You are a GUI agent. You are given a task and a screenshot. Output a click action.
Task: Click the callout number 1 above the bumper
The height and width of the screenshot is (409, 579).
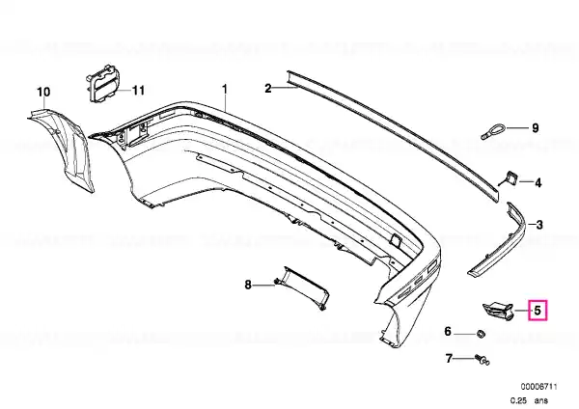tap(224, 90)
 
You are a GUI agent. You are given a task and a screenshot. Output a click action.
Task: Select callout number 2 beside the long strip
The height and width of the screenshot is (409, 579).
tap(268, 88)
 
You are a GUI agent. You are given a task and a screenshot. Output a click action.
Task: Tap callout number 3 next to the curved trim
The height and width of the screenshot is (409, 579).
tap(539, 225)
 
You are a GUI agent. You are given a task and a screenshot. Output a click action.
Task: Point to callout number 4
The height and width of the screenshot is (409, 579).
tap(538, 182)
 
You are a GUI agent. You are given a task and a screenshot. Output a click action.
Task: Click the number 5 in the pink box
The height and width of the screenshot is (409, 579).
tap(538, 310)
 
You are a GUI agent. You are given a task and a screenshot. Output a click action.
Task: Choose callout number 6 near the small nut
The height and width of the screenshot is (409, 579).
tap(448, 331)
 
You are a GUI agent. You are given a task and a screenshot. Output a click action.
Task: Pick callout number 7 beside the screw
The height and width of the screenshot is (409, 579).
tap(449, 358)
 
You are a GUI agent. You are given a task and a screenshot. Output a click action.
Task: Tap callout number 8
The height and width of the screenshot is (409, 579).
tap(248, 285)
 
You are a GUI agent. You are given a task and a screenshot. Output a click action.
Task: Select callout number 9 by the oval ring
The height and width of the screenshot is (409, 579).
tap(535, 128)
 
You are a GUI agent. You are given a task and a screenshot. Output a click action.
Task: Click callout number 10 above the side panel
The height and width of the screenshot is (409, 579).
tap(43, 92)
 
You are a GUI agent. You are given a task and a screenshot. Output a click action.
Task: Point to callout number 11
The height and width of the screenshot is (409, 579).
tap(138, 90)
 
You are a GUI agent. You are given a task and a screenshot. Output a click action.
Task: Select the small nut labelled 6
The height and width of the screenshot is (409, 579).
tap(482, 334)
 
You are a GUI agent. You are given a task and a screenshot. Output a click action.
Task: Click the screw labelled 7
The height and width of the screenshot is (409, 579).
tap(482, 360)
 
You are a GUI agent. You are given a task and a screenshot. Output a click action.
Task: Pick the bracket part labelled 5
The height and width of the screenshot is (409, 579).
tap(498, 311)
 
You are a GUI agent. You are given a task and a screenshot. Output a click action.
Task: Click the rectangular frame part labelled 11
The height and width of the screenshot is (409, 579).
tap(103, 84)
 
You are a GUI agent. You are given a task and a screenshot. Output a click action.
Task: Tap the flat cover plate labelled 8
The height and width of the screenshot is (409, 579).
tap(302, 287)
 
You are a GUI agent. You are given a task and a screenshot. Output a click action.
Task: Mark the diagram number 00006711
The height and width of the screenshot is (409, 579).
tap(538, 387)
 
